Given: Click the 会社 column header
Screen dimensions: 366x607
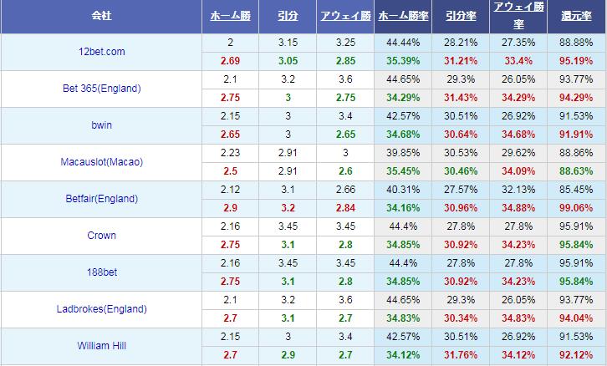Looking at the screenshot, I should pyautogui.click(x=101, y=17).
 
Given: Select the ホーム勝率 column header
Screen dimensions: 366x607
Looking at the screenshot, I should pyautogui.click(x=404, y=17).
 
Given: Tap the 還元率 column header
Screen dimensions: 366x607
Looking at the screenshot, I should pyautogui.click(x=576, y=17).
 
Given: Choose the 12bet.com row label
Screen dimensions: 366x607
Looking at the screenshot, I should pyautogui.click(x=101, y=52).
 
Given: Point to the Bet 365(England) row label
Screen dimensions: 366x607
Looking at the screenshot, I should pyautogui.click(x=101, y=89).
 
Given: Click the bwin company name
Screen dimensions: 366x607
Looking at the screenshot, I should pyautogui.click(x=101, y=125).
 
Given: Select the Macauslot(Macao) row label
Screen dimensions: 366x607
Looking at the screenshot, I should pyautogui.click(x=101, y=162).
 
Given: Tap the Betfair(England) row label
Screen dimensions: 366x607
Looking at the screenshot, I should pyautogui.click(x=101, y=199).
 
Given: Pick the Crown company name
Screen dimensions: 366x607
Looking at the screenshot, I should pyautogui.click(x=101, y=236).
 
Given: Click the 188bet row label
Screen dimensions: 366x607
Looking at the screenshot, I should pyautogui.click(x=101, y=272).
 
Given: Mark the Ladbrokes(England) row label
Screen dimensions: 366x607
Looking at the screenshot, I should pyautogui.click(x=101, y=309).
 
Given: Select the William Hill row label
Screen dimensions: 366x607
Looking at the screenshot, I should pyautogui.click(x=101, y=344).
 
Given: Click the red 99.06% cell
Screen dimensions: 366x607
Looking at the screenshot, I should pyautogui.click(x=576, y=208).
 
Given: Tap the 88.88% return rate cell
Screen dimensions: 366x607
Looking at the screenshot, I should pyautogui.click(x=576, y=43).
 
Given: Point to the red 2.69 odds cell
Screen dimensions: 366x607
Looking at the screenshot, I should pyautogui.click(x=230, y=61).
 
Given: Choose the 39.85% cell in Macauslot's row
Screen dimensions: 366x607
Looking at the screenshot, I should pyautogui.click(x=404, y=153).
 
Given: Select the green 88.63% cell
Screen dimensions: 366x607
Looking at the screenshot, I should pyautogui.click(x=576, y=171).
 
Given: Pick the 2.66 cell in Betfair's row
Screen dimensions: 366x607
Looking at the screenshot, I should pyautogui.click(x=344, y=190).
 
